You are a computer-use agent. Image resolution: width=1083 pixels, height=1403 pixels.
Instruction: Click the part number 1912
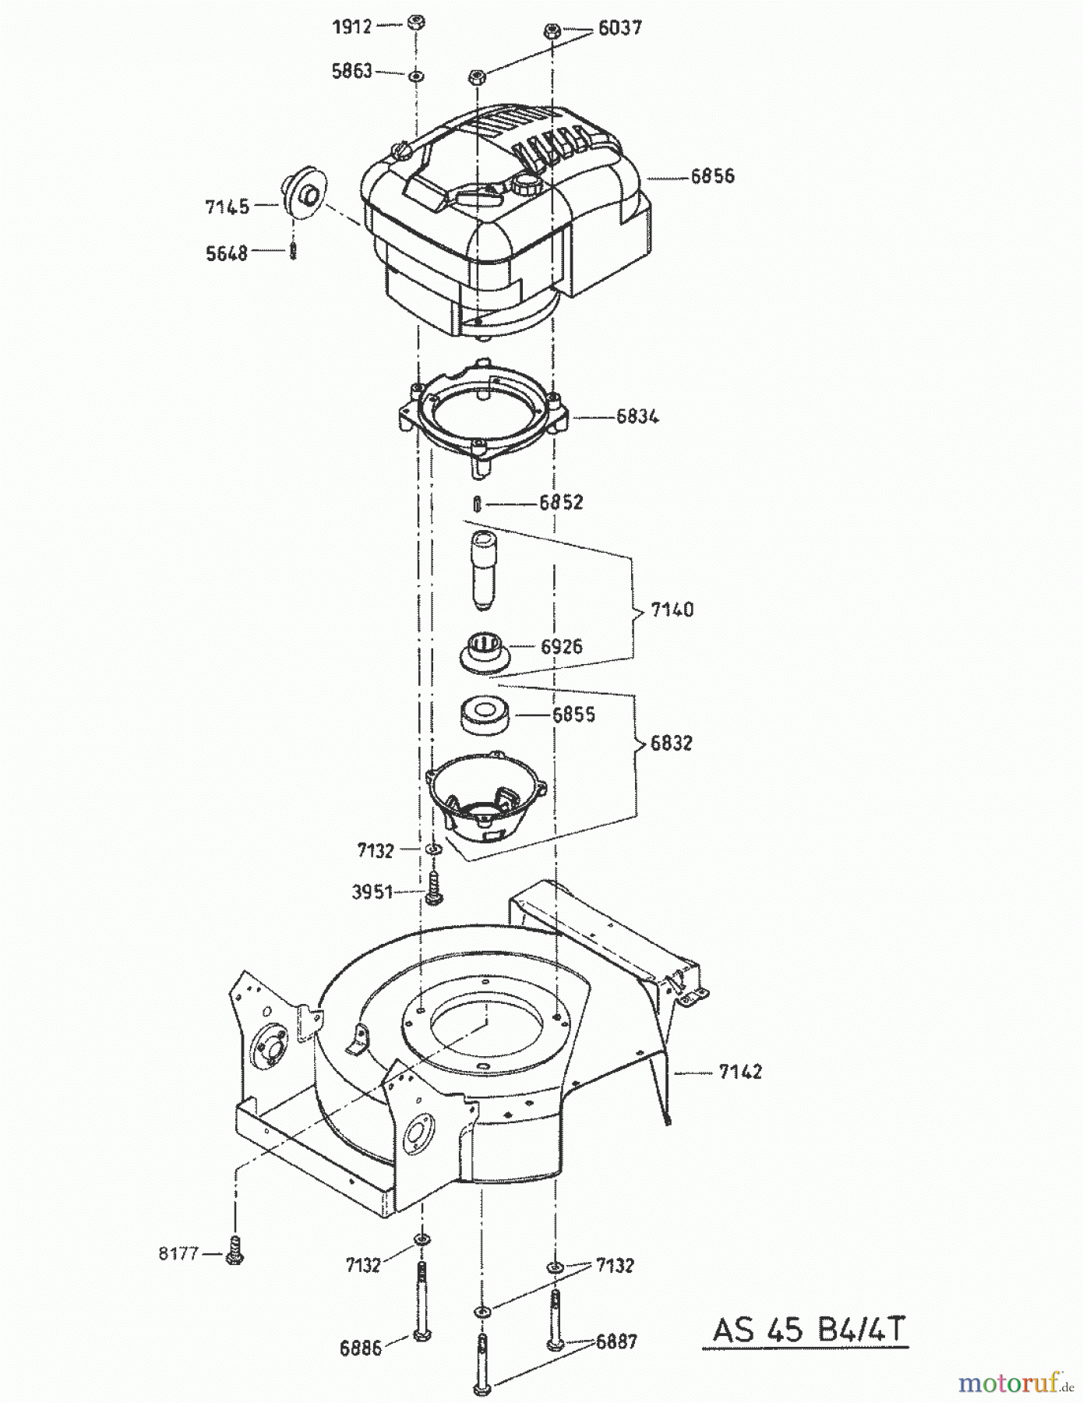pyautogui.click(x=353, y=27)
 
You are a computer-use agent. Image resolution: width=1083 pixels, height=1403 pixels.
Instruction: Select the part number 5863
pyautogui.click(x=351, y=72)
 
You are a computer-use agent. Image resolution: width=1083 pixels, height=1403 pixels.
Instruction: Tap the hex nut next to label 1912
pyautogui.click(x=416, y=23)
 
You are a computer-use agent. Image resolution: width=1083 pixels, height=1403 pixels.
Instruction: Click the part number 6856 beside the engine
pyautogui.click(x=712, y=176)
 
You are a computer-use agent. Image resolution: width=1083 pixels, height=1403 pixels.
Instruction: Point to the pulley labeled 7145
pyautogui.click(x=305, y=193)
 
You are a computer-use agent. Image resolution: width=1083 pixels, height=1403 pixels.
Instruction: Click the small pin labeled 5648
pyautogui.click(x=294, y=252)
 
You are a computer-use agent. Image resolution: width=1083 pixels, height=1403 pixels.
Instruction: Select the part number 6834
pyautogui.click(x=637, y=416)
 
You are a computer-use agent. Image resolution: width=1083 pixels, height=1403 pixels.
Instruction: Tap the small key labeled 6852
pyautogui.click(x=477, y=504)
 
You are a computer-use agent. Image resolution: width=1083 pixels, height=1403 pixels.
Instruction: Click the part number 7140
pyautogui.click(x=672, y=610)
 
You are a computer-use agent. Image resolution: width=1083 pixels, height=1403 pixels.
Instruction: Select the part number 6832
pyautogui.click(x=670, y=743)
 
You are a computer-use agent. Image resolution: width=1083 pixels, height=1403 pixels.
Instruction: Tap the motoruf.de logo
pyautogui.click(x=1012, y=1384)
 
